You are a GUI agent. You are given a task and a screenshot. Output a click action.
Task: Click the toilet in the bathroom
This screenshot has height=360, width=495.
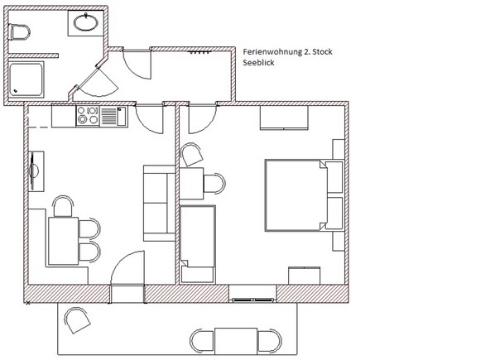[x=20, y=32]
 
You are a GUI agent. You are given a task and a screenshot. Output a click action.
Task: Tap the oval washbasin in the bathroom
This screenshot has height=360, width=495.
[x=86, y=22]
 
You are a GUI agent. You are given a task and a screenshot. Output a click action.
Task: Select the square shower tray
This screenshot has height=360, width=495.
[x=26, y=79]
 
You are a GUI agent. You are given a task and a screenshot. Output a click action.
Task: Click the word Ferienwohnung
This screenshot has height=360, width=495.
[x=272, y=52]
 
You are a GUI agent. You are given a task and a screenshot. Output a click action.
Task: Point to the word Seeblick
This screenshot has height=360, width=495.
[x=258, y=62]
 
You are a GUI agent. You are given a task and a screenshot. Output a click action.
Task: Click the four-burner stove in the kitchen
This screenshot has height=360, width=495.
[x=88, y=116]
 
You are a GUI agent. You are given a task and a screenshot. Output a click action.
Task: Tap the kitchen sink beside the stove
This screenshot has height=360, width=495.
[x=114, y=116]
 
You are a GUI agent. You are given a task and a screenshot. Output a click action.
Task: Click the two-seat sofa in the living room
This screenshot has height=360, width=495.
[x=159, y=204]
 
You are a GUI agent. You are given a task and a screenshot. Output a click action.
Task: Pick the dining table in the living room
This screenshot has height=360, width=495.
[x=63, y=241]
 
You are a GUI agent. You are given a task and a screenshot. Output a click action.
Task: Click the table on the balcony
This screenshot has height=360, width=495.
[x=236, y=341]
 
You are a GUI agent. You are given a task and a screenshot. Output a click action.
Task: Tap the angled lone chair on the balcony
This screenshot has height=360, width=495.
[x=77, y=320]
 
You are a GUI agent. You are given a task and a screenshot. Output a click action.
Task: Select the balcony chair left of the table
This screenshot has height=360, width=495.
[x=202, y=341]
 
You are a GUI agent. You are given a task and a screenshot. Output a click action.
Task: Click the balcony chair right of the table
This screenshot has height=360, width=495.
[x=269, y=341]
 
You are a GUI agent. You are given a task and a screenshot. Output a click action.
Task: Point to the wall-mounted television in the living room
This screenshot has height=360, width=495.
[x=34, y=171]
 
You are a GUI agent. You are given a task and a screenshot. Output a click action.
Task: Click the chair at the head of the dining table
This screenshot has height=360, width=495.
[x=63, y=206]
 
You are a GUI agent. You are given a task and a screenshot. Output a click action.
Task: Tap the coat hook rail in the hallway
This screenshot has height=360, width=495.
[x=199, y=52]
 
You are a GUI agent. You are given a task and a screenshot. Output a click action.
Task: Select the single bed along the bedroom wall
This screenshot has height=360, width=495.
[x=198, y=244]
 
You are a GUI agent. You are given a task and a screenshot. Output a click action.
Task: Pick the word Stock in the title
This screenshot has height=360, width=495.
[x=322, y=52]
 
